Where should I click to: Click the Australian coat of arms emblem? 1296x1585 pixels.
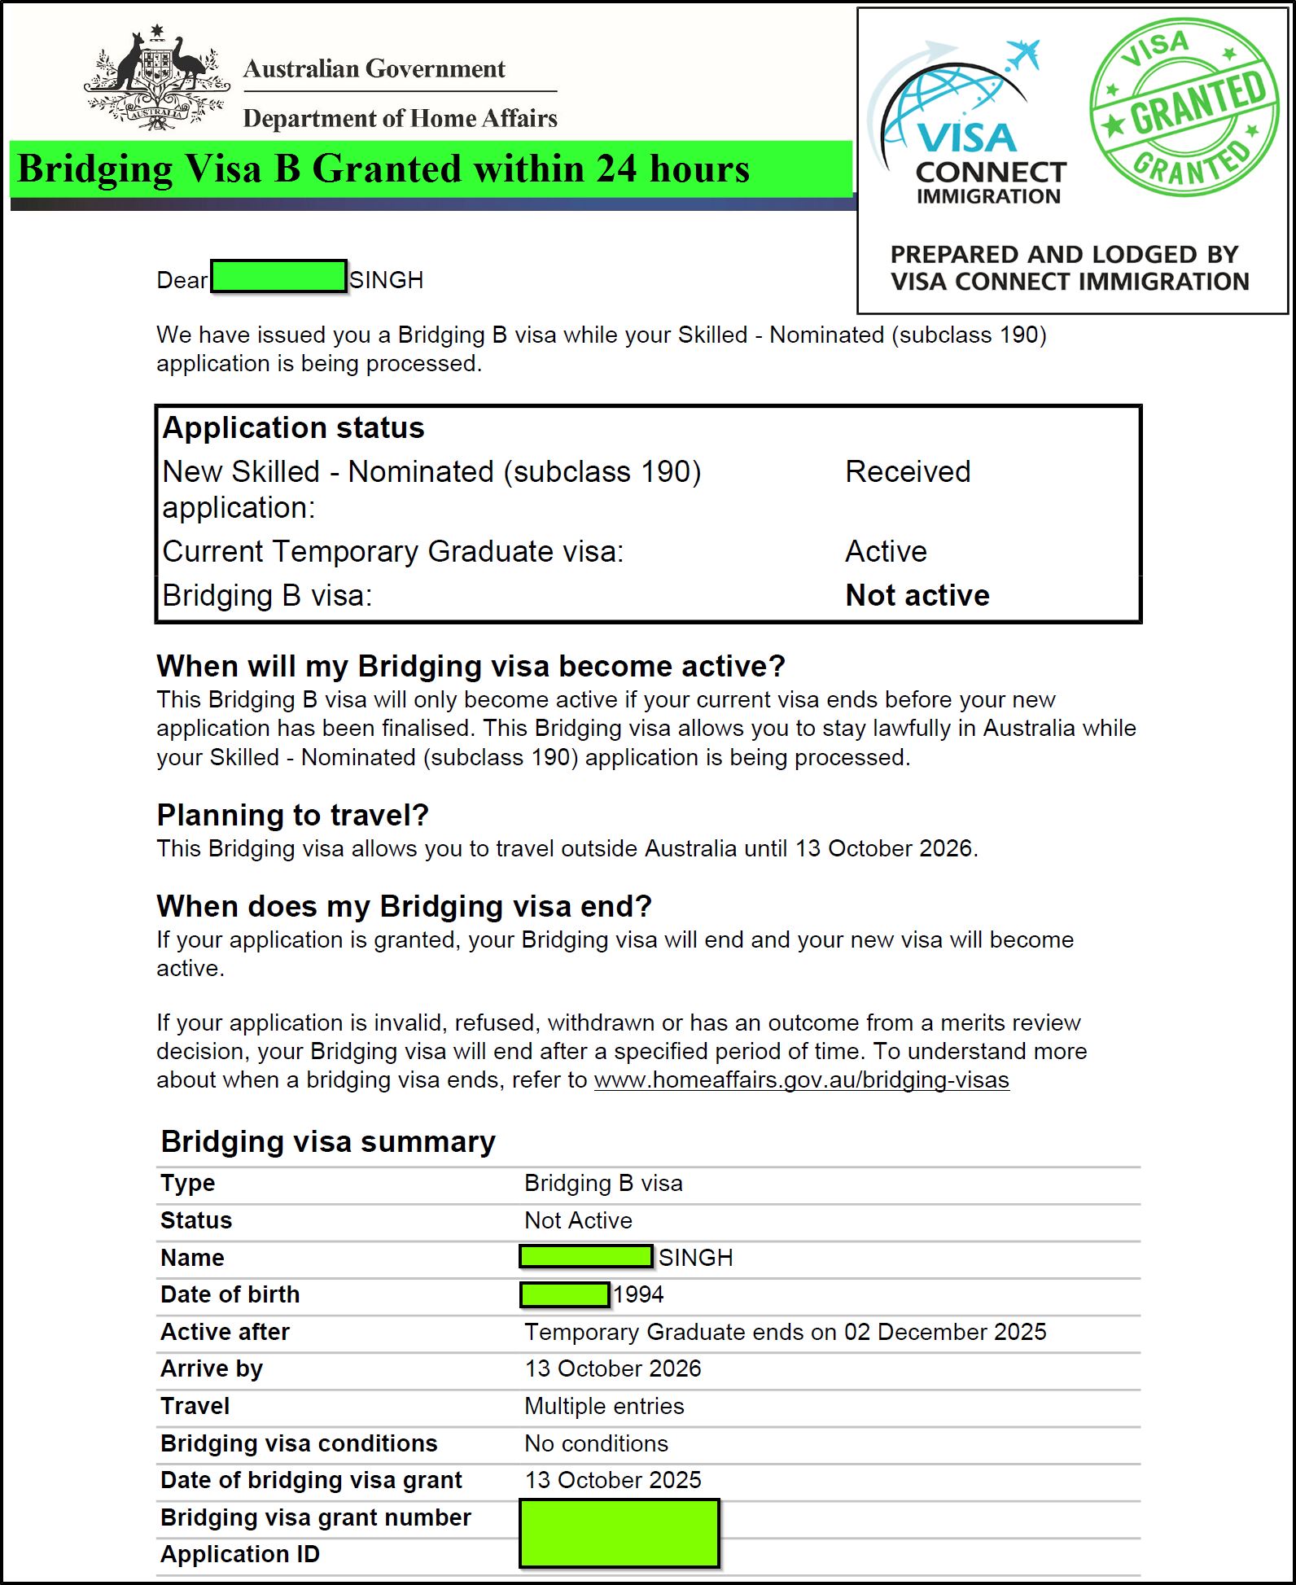point(157,79)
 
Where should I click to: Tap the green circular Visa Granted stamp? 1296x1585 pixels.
point(1184,107)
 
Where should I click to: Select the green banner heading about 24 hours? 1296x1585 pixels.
point(383,170)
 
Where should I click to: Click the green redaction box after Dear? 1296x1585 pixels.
point(278,276)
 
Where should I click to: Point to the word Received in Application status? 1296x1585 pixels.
point(908,472)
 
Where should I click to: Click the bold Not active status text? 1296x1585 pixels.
point(917,596)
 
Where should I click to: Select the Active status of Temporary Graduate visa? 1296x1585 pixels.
point(886,552)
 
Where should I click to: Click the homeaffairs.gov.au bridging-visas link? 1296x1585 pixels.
point(801,1080)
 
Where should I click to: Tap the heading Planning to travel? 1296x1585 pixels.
point(292,815)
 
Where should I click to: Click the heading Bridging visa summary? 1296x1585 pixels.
point(328,1142)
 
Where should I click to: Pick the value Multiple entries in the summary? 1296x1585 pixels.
point(604,1406)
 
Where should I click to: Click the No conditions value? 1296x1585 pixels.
point(596,1443)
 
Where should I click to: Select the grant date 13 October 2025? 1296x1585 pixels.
point(613,1480)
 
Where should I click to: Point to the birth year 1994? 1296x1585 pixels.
point(638,1294)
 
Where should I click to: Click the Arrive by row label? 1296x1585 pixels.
point(212,1368)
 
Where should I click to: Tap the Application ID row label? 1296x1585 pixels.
point(240,1554)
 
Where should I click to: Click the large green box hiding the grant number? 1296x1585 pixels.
point(619,1534)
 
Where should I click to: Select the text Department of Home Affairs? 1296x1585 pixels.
point(400,119)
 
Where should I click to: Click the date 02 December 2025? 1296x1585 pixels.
point(944,1332)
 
